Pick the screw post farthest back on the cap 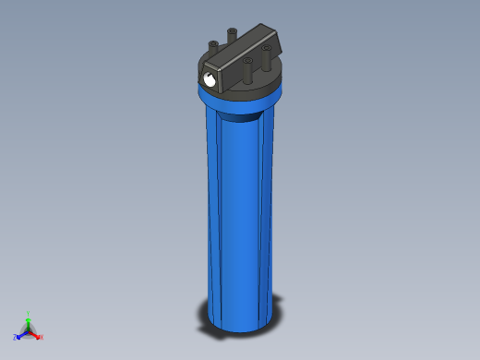click(231, 34)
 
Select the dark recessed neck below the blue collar click(245, 116)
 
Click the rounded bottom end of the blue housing click(242, 321)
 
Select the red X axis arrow click(35, 333)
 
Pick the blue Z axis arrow click(20, 333)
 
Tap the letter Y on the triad click(29, 313)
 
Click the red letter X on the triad click(42, 337)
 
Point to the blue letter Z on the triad click(15, 337)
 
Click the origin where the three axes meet click(29, 330)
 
